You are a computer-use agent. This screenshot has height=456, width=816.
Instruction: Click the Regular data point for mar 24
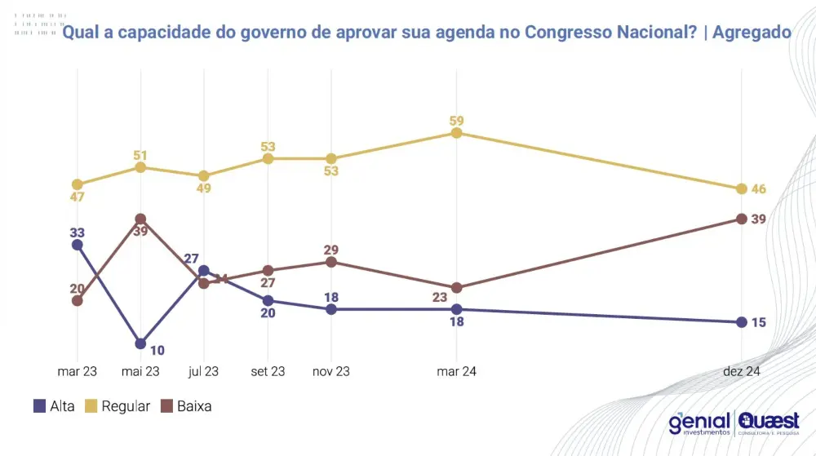pos(457,133)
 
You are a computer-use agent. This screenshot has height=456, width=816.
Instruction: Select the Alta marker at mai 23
pos(140,343)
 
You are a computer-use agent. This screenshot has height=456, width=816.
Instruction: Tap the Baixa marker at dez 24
pos(741,219)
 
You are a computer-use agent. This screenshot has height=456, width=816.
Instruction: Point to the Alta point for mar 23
pos(78,244)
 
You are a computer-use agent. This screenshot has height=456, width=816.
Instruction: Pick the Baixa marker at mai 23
pos(140,219)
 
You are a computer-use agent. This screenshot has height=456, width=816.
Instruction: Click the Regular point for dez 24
pos(741,188)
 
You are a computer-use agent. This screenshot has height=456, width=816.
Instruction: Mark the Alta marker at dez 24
pos(741,322)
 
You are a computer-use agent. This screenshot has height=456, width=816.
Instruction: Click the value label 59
pos(457,121)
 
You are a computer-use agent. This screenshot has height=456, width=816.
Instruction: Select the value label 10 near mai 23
pos(157,351)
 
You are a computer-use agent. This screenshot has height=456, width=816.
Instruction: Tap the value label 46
pos(759,189)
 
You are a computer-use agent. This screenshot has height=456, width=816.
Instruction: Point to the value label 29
pos(331,250)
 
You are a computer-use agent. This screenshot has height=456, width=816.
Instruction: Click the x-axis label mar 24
pos(457,371)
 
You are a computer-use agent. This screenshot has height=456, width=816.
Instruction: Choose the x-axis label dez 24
pos(741,371)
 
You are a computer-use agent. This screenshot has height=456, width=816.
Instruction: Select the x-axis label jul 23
pos(203,371)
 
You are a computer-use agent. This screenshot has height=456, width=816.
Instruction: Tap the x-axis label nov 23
pos(331,371)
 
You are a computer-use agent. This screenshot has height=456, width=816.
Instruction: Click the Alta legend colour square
pos(39,405)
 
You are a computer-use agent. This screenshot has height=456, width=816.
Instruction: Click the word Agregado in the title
pos(751,32)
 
